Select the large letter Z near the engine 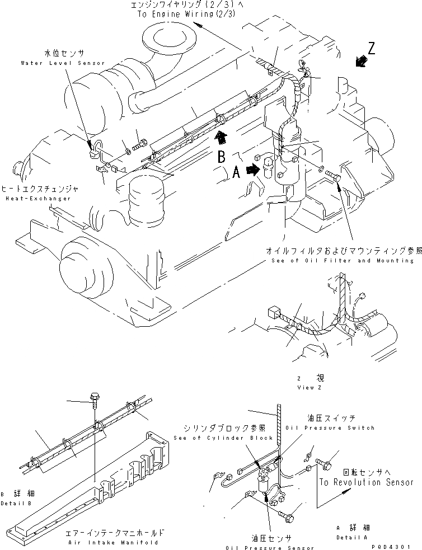point(371,48)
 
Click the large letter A point(237,173)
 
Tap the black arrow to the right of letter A point(254,169)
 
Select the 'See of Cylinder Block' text point(223,438)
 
